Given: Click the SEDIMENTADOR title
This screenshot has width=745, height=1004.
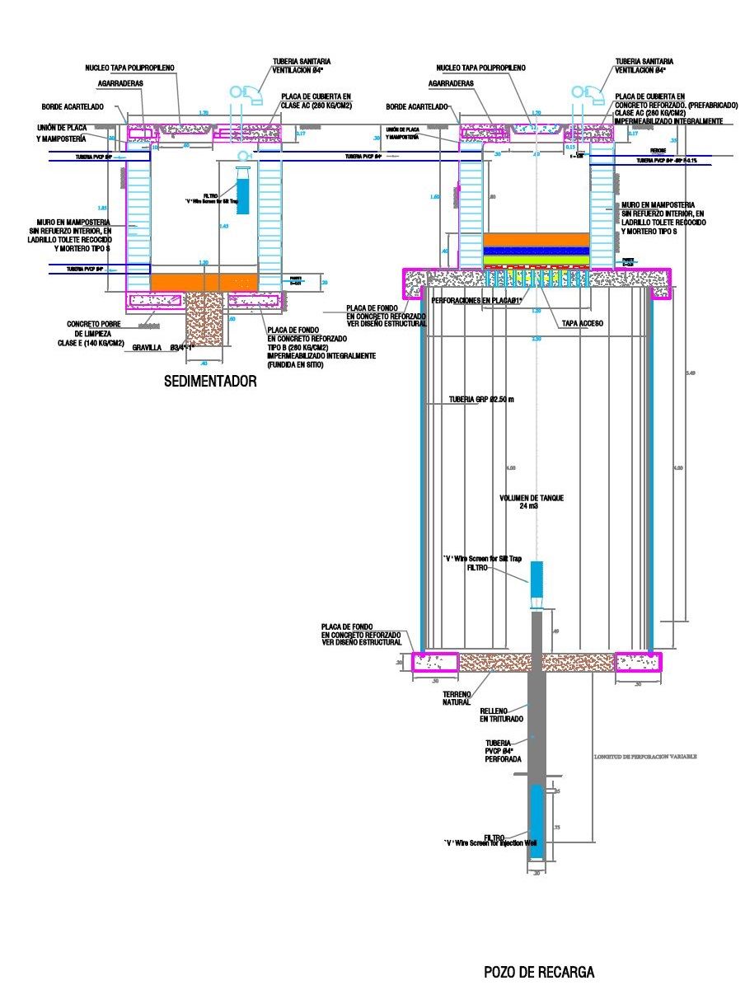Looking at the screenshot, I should (x=209, y=382).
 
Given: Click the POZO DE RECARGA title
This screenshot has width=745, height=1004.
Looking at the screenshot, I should (x=538, y=973).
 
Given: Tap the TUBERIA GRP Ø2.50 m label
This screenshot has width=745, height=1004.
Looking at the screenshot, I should (x=481, y=400).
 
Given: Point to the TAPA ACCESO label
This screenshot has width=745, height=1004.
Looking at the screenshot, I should (x=581, y=324).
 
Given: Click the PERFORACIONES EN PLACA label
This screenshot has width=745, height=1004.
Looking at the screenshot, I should (x=478, y=301).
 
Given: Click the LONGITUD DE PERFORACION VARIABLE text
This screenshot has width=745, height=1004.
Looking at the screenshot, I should (x=645, y=756).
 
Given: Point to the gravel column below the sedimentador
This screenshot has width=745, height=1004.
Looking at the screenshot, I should (x=204, y=317).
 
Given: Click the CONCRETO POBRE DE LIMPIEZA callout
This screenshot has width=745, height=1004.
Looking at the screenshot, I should (x=96, y=333).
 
